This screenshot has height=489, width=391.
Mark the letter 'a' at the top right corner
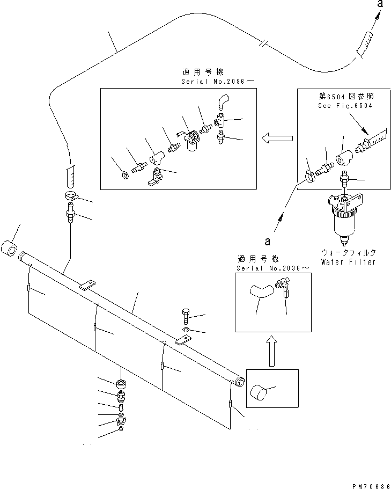click(379, 4)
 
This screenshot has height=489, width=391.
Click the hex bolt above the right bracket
click(185, 315)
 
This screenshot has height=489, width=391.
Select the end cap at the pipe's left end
click(11, 250)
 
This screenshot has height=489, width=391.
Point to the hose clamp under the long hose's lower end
click(70, 196)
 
